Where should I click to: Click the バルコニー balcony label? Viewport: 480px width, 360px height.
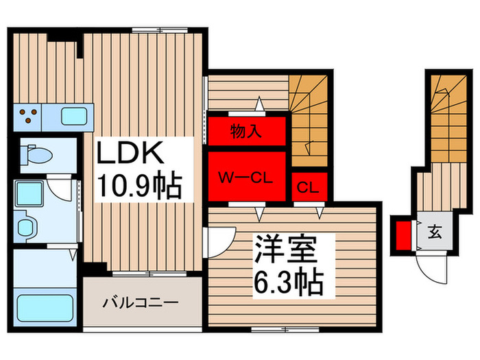141,301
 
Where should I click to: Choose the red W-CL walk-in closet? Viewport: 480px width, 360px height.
246,178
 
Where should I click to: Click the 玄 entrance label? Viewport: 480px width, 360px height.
435,231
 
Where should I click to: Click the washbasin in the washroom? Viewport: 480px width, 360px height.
27,226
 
